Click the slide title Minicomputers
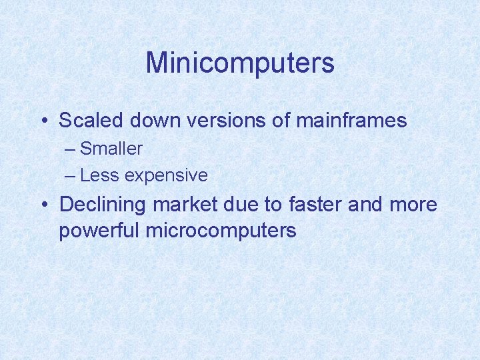click(x=240, y=63)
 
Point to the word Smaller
click(x=111, y=148)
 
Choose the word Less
click(x=99, y=175)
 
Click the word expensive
click(x=166, y=176)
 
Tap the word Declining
click(x=103, y=205)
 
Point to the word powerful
click(x=99, y=231)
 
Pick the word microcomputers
click(x=221, y=231)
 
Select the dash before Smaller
click(x=71, y=149)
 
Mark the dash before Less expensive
click(x=71, y=176)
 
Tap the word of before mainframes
click(x=279, y=121)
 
